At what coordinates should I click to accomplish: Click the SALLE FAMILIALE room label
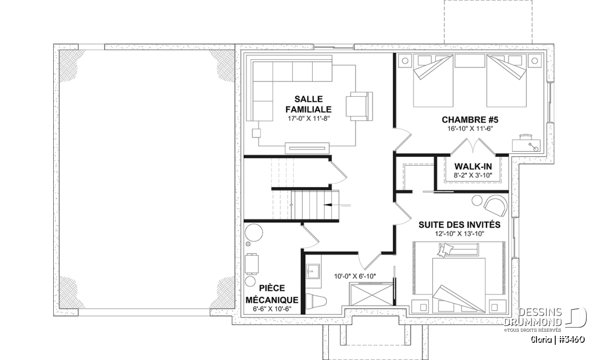pos(309,104)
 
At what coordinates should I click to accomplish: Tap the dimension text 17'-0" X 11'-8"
pos(309,118)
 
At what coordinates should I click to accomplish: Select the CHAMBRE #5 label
pos(470,119)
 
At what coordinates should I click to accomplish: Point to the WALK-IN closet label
pos(473,166)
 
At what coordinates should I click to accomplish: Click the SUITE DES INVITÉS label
pos(460,225)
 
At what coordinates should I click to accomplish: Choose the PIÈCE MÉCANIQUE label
pos(272,294)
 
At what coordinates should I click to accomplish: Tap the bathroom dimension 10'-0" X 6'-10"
pos(355,276)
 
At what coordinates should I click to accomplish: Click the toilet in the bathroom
pos(316,301)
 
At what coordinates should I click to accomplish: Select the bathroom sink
pos(313,271)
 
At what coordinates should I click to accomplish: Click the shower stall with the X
pos(371,294)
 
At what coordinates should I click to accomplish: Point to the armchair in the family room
pos(359,106)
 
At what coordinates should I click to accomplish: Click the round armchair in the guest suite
pos(496,206)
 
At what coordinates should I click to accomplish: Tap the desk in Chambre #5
pos(526,143)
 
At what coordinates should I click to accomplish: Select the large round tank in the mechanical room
pos(254,233)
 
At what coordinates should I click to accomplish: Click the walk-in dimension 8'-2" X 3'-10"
pos(473,175)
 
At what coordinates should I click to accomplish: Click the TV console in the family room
pos(307,148)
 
